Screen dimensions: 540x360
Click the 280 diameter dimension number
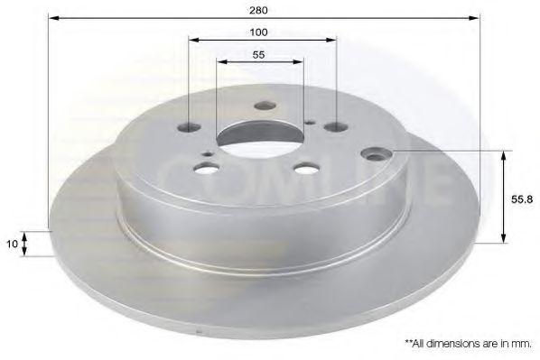click(x=258, y=10)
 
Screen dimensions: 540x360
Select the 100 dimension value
click(x=258, y=32)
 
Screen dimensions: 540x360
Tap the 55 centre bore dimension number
click(x=258, y=55)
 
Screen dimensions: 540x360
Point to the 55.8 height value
click(x=522, y=199)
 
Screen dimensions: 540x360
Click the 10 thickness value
click(x=12, y=244)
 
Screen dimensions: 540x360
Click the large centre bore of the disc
click(x=260, y=139)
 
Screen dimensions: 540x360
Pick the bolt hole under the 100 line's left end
click(x=189, y=128)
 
